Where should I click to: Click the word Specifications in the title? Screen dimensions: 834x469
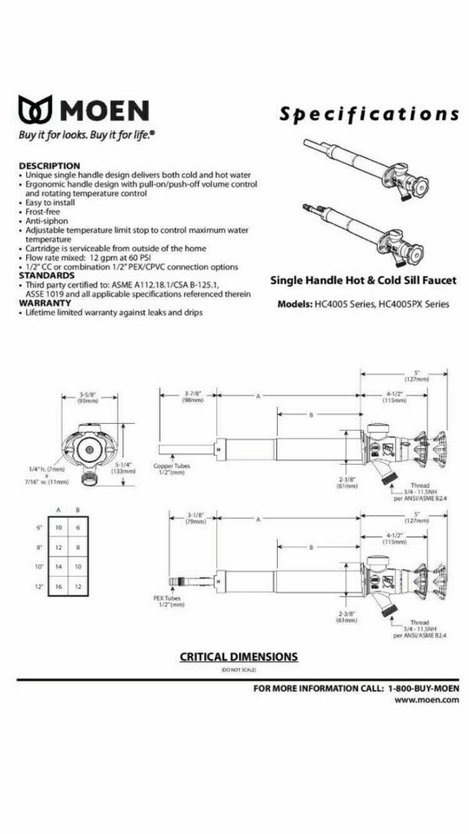[x=369, y=114]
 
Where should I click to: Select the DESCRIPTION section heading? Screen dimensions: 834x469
[x=50, y=166]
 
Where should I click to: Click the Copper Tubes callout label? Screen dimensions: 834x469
[x=171, y=468]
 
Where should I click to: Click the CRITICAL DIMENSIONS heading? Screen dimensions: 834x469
[x=238, y=657]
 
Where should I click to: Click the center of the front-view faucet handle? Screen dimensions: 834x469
[x=89, y=448]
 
